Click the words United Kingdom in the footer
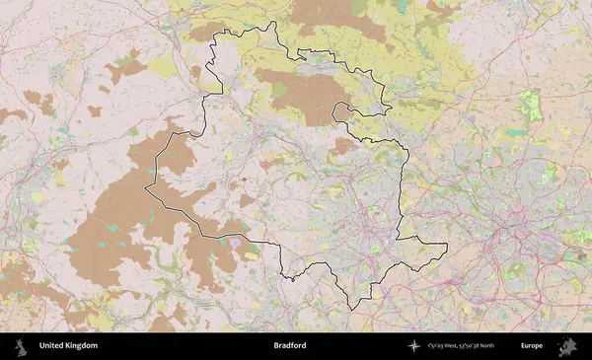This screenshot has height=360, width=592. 68,346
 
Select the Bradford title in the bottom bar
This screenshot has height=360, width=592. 290,346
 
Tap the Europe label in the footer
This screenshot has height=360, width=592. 532,346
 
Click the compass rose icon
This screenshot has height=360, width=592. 414,346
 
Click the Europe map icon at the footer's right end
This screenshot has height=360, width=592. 567,346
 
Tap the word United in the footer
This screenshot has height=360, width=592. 50,346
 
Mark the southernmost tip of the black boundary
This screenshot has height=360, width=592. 352,310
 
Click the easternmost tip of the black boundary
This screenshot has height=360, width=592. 447,246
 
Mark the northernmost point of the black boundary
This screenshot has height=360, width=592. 273,22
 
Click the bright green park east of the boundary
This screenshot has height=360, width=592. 532,107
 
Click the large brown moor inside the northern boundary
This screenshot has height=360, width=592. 296,94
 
